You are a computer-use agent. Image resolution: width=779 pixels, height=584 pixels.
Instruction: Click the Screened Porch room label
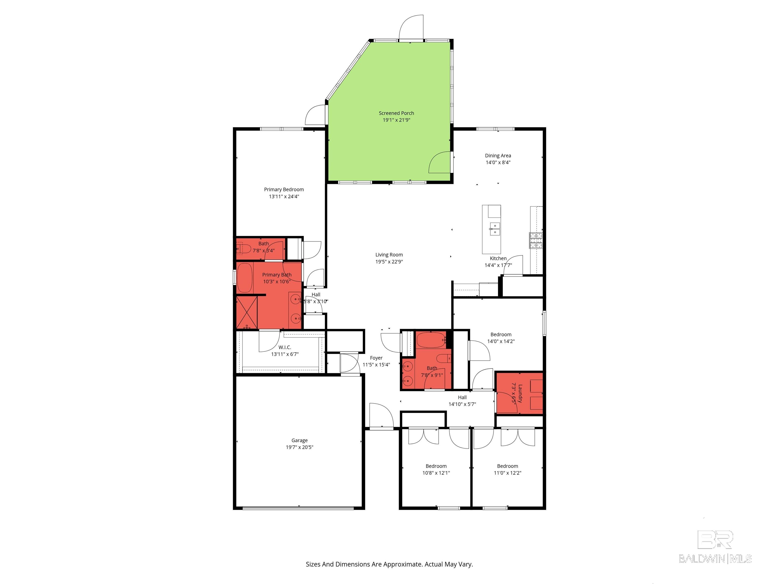click(396, 113)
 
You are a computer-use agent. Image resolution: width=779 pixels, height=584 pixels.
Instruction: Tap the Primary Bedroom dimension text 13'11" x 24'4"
click(284, 196)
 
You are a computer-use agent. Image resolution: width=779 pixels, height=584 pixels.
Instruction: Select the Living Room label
click(389, 254)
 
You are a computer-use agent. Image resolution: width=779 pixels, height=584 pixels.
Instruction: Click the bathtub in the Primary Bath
click(245, 278)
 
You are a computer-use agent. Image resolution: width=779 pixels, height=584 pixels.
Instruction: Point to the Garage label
click(299, 440)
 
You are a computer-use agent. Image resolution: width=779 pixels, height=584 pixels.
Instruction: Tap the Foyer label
click(376, 358)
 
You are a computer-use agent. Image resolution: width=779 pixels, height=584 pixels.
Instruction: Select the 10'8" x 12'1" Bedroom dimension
click(436, 473)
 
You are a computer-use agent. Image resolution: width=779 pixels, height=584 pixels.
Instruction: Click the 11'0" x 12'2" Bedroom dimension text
click(507, 473)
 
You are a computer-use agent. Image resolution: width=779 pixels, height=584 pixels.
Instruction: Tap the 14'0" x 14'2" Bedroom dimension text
click(501, 341)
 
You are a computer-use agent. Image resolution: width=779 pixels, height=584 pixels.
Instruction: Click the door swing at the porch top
click(411, 28)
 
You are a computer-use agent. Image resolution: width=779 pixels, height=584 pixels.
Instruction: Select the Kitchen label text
click(498, 258)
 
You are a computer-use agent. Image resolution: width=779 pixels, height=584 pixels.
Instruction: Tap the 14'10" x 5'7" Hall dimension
click(462, 404)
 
